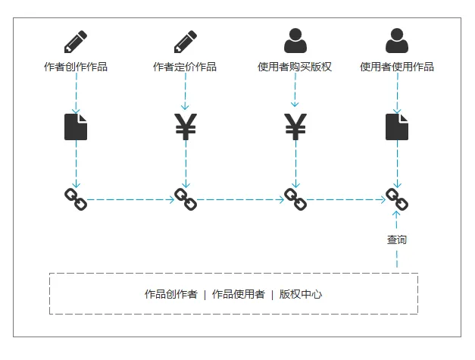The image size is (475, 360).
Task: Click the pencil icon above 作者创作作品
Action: [76, 40]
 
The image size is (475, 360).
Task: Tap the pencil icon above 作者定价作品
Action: [186, 40]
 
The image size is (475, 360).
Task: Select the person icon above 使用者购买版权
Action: [295, 40]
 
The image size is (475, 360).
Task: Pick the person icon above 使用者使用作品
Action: [397, 40]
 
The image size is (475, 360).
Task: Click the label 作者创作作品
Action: [76, 67]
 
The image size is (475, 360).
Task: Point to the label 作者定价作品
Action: [185, 67]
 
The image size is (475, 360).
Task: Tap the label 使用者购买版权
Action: [295, 67]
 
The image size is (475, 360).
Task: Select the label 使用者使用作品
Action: [397, 67]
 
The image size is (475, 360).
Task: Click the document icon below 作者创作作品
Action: [76, 127]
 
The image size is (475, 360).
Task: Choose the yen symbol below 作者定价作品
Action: [186, 127]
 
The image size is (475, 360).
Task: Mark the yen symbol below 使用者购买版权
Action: [295, 127]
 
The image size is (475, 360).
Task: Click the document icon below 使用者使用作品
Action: [397, 127]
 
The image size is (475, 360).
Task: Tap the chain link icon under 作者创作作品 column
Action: [76, 199]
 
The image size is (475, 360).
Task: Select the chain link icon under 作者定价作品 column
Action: [186, 199]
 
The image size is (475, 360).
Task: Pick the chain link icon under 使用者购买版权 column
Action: [295, 199]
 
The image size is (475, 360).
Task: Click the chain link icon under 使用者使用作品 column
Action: [397, 199]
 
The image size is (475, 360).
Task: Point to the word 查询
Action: [397, 240]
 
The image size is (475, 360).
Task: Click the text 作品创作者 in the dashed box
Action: [171, 294]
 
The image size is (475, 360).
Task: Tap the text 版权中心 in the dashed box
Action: [301, 294]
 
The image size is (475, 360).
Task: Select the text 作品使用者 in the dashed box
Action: [238, 294]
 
